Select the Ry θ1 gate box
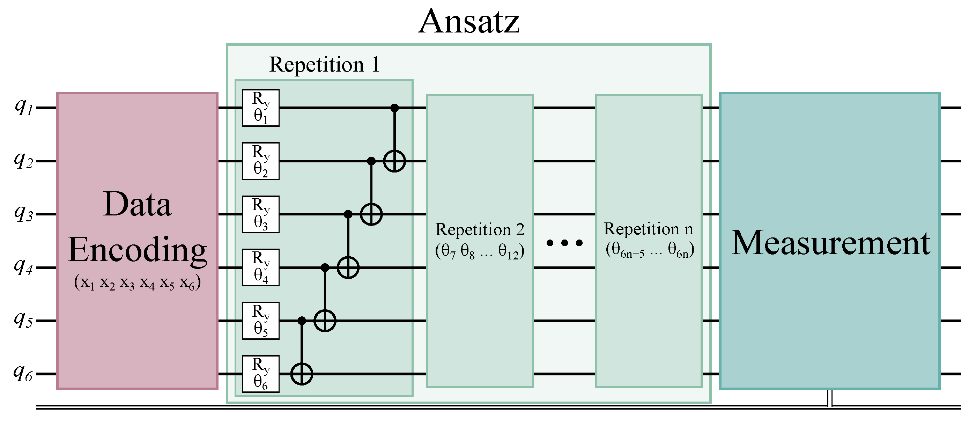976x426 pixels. [x=261, y=108]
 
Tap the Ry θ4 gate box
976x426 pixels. [x=261, y=267]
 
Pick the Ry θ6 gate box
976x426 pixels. [x=261, y=374]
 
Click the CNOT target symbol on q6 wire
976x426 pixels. [x=302, y=374]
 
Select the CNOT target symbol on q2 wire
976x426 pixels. [x=394, y=161]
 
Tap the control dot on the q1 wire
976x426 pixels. [x=394, y=108]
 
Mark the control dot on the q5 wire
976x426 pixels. [x=302, y=321]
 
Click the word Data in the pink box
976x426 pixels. [x=137, y=204]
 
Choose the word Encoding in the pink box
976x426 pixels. [x=137, y=250]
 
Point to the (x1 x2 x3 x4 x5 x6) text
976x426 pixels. [x=137, y=283]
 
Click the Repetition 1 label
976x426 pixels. [x=324, y=65]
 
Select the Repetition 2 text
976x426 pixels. [x=480, y=230]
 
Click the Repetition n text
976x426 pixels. [x=648, y=229]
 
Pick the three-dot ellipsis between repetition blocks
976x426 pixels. [x=564, y=243]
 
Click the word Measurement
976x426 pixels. [x=830, y=243]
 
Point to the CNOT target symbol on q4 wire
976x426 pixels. [x=348, y=267]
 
